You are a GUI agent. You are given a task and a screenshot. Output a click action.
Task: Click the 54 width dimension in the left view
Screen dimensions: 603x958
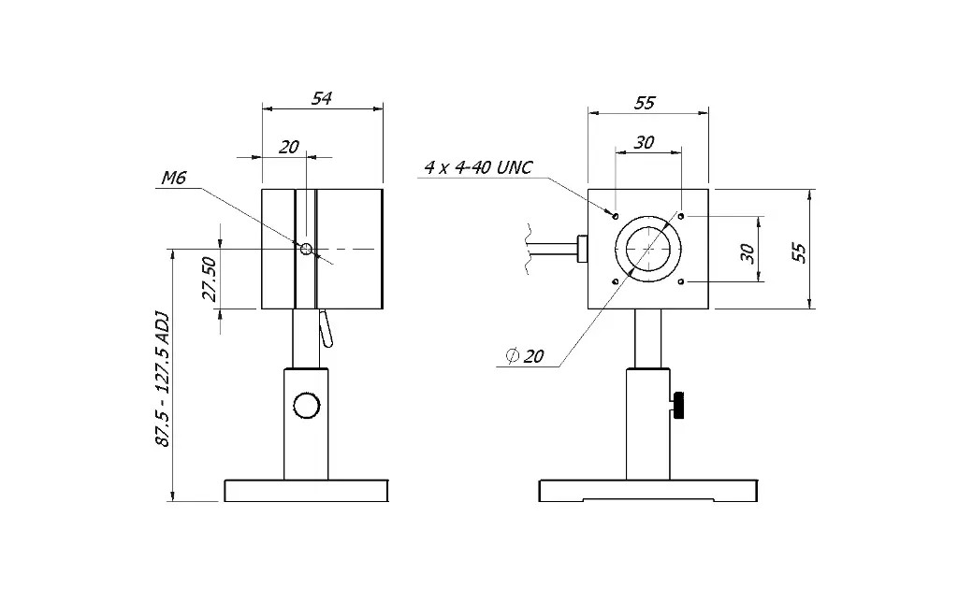pyautogui.click(x=322, y=97)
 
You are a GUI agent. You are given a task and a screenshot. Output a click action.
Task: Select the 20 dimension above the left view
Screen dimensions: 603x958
pyautogui.click(x=289, y=146)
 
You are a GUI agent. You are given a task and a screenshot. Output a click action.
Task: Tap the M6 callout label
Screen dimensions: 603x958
pyautogui.click(x=175, y=178)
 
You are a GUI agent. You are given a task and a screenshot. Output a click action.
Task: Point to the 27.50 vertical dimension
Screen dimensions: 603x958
pyautogui.click(x=210, y=280)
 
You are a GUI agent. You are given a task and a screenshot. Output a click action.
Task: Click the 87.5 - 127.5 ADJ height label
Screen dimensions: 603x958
pyautogui.click(x=162, y=379)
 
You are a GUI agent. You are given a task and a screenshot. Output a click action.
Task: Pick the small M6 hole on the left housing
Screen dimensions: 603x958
pyautogui.click(x=306, y=249)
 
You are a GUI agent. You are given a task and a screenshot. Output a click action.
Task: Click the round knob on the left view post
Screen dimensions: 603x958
pyautogui.click(x=306, y=406)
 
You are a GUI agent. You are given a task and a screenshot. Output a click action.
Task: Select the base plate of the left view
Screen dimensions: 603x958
pyautogui.click(x=306, y=490)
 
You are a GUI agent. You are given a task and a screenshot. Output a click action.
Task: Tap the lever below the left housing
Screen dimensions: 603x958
pyautogui.click(x=325, y=328)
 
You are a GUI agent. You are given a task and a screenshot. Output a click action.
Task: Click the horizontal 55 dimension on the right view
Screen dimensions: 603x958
pyautogui.click(x=645, y=102)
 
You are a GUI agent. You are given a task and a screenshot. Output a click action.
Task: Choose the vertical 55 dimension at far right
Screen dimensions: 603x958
pyautogui.click(x=798, y=251)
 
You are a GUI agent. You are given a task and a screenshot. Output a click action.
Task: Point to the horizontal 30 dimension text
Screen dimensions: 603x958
pyautogui.click(x=645, y=142)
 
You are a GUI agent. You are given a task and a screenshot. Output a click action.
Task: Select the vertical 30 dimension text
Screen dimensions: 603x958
pyautogui.click(x=747, y=252)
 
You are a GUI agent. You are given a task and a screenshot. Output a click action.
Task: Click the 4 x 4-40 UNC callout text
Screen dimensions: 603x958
pyautogui.click(x=478, y=167)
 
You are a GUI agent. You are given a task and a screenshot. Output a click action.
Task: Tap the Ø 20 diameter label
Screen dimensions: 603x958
pyautogui.click(x=525, y=356)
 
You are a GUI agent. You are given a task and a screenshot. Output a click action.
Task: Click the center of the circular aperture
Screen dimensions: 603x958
pyautogui.click(x=647, y=249)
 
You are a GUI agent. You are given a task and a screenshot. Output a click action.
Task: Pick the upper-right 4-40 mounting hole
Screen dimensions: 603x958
pyautogui.click(x=681, y=216)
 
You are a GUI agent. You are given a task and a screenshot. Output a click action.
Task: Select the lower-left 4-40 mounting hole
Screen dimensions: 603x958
pyautogui.click(x=615, y=281)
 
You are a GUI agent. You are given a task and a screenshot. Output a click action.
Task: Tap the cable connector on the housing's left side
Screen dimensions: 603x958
pyautogui.click(x=583, y=249)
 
